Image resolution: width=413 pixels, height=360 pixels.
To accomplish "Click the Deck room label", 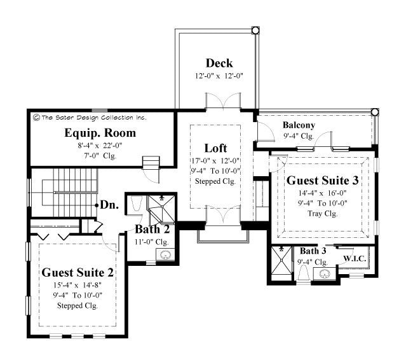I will tap(219, 63).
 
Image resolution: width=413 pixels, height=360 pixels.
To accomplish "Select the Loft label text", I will tap(215, 148).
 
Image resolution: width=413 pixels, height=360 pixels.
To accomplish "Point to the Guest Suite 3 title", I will tap(322, 180).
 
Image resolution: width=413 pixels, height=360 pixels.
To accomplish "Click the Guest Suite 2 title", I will tap(78, 272).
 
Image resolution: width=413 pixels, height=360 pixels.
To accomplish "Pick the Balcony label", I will tap(299, 125).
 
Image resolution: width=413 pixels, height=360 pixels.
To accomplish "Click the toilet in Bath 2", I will tap(135, 204).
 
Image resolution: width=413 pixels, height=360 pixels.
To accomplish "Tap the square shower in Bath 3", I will tap(281, 262).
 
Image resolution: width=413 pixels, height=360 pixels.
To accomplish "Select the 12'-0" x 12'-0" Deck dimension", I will tap(219, 76).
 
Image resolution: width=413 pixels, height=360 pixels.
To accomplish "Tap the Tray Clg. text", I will tap(322, 213).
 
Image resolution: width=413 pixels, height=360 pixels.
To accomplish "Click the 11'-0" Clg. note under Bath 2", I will tap(152, 242).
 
